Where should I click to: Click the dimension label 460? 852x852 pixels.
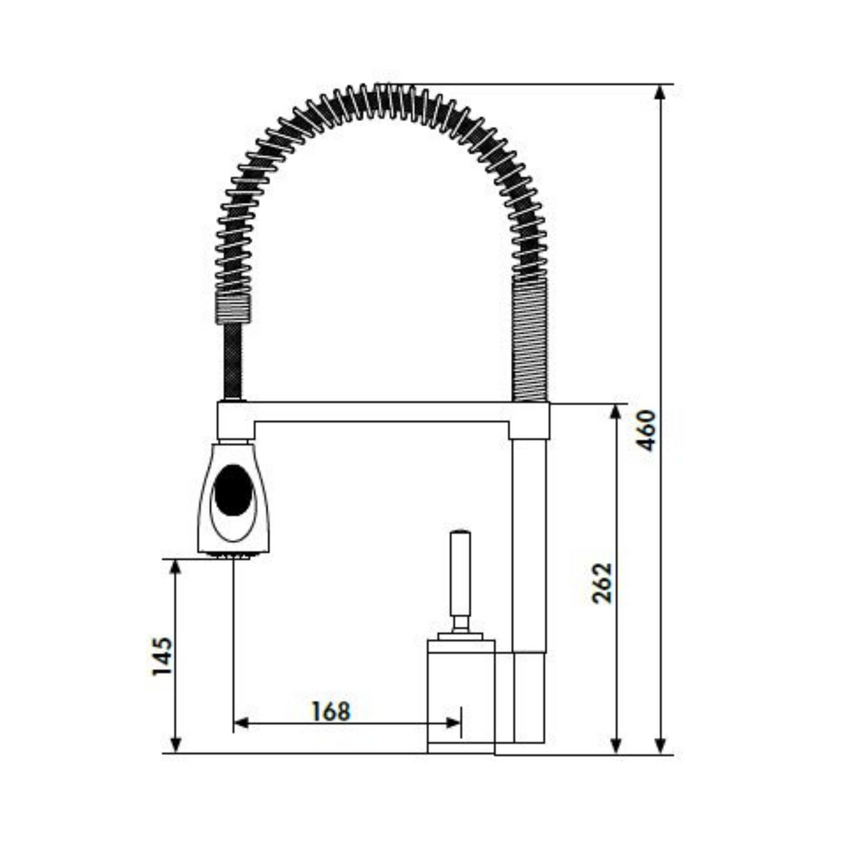(x=646, y=430)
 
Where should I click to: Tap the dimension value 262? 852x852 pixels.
(x=602, y=583)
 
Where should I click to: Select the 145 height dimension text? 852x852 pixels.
(x=162, y=656)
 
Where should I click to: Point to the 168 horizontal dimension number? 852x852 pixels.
(x=331, y=711)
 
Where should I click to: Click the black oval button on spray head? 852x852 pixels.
(x=234, y=491)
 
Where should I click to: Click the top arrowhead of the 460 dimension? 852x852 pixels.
(x=660, y=93)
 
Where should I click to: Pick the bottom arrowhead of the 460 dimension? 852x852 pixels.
(x=660, y=745)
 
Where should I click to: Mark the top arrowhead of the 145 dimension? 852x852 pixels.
(x=175, y=567)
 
